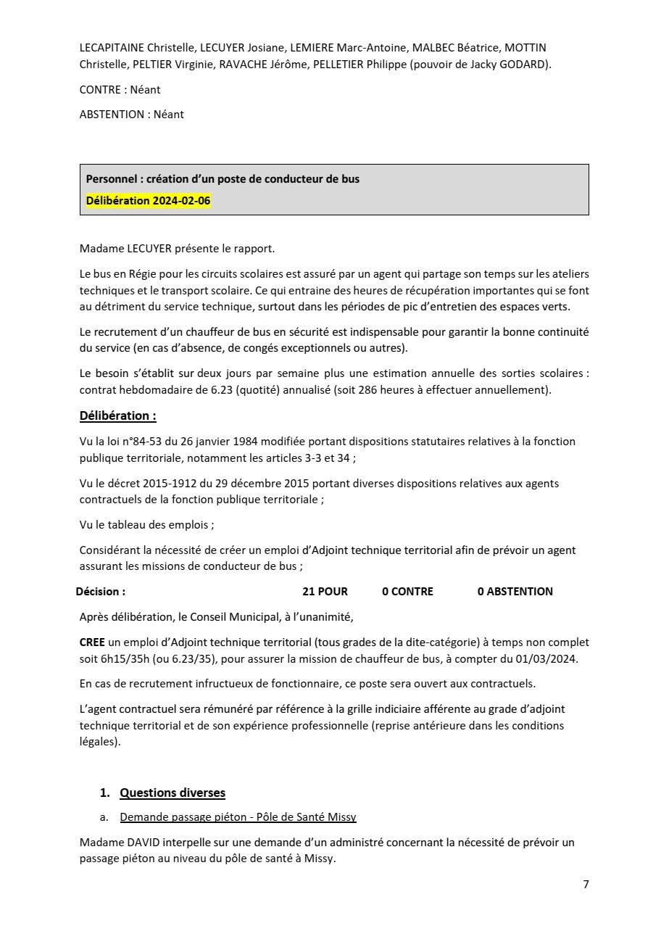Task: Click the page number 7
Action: pos(586,884)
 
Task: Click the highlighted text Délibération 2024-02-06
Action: pos(148,201)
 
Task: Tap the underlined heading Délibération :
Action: pos(117,415)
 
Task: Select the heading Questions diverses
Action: pos(173,793)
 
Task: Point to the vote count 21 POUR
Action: pos(325,592)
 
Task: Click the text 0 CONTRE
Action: pos(407,592)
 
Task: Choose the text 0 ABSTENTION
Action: pos(515,592)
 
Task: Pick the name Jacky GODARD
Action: pos(512,64)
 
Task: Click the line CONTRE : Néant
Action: pos(120,90)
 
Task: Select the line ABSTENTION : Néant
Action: pos(131,115)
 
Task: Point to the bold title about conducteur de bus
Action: pos(223,179)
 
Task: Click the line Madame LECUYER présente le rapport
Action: pos(177,249)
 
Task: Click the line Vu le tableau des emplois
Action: pos(146,525)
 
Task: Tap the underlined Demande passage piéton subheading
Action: pos(238,817)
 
